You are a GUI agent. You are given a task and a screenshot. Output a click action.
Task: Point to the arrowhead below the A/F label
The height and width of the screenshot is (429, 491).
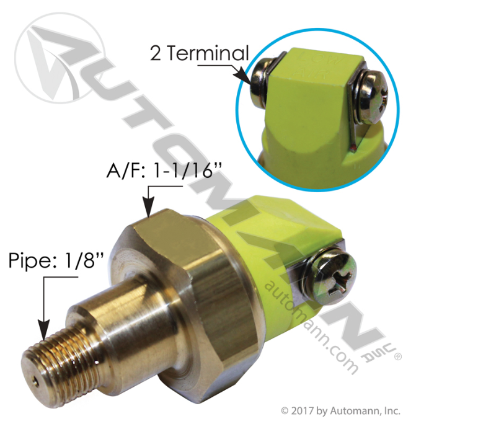149,210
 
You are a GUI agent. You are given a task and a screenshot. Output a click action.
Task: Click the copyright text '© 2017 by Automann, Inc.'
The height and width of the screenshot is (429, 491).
340,410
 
